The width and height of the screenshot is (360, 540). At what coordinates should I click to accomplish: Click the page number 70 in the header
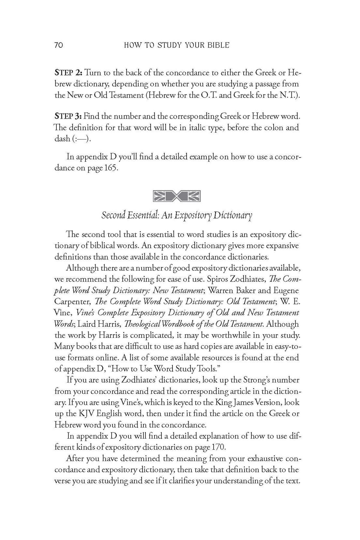(x=59, y=45)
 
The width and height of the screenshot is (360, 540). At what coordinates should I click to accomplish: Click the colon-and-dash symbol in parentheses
(x=81, y=139)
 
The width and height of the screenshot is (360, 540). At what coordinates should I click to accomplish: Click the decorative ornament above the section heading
(x=177, y=196)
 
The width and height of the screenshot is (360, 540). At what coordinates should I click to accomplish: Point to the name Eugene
(x=286, y=291)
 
